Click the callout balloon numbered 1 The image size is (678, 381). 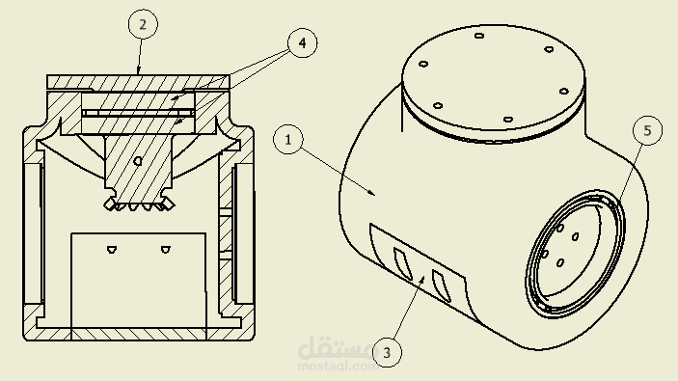click(288, 139)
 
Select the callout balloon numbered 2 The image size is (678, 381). click(143, 24)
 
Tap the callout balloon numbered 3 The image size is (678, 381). click(387, 352)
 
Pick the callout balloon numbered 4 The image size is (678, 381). click(302, 42)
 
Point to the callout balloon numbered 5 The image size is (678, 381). click(647, 130)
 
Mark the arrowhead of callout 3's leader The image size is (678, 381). click(422, 281)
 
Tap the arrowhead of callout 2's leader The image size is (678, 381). click(138, 70)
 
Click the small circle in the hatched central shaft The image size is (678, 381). click(138, 161)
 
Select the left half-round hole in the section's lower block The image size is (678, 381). click(112, 249)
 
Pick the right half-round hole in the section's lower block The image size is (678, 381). click(166, 249)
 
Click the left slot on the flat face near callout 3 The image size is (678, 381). click(402, 263)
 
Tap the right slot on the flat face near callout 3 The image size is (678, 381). click(442, 286)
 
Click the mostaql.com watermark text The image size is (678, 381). click(338, 367)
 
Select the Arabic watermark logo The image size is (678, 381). click(335, 348)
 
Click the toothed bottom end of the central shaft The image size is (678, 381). click(138, 204)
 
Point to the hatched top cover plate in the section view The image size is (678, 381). click(138, 81)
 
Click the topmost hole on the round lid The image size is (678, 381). click(479, 36)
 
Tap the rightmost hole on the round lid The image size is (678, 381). click(563, 92)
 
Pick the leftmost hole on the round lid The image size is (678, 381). click(423, 64)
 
